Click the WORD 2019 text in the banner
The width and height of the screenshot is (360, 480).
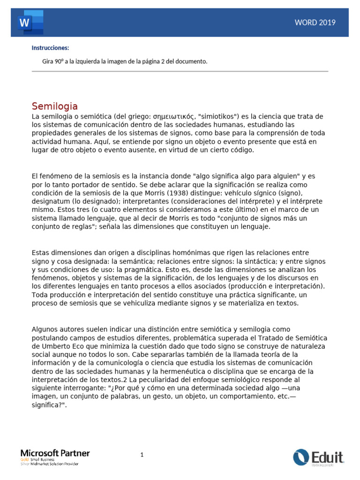pyautogui.click(x=315, y=22)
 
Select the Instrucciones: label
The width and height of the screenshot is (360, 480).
pyautogui.click(x=50, y=48)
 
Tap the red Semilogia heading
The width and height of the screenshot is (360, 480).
pyautogui.click(x=54, y=106)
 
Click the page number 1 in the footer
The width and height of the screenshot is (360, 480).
pyautogui.click(x=142, y=455)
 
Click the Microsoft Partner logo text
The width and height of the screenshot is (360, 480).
pyautogui.click(x=55, y=453)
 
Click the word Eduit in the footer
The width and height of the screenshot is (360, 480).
pyautogui.click(x=327, y=456)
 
